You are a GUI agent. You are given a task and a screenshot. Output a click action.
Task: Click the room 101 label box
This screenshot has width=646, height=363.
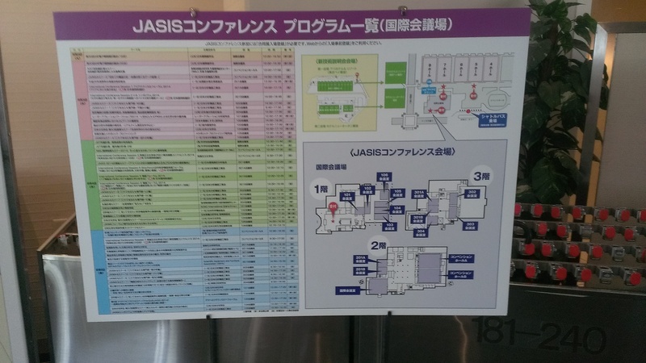click(347, 196)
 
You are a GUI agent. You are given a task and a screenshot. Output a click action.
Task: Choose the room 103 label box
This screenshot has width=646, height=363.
click(389, 227)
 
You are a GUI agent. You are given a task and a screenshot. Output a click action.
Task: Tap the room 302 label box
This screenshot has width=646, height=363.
click(472, 194)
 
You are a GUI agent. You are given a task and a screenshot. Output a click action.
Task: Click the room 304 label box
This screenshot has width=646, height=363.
click(420, 232)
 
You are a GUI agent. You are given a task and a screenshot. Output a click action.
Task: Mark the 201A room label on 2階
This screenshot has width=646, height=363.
click(361, 259)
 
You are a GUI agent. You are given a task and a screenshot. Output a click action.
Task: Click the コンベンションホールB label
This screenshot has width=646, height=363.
click(462, 275)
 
